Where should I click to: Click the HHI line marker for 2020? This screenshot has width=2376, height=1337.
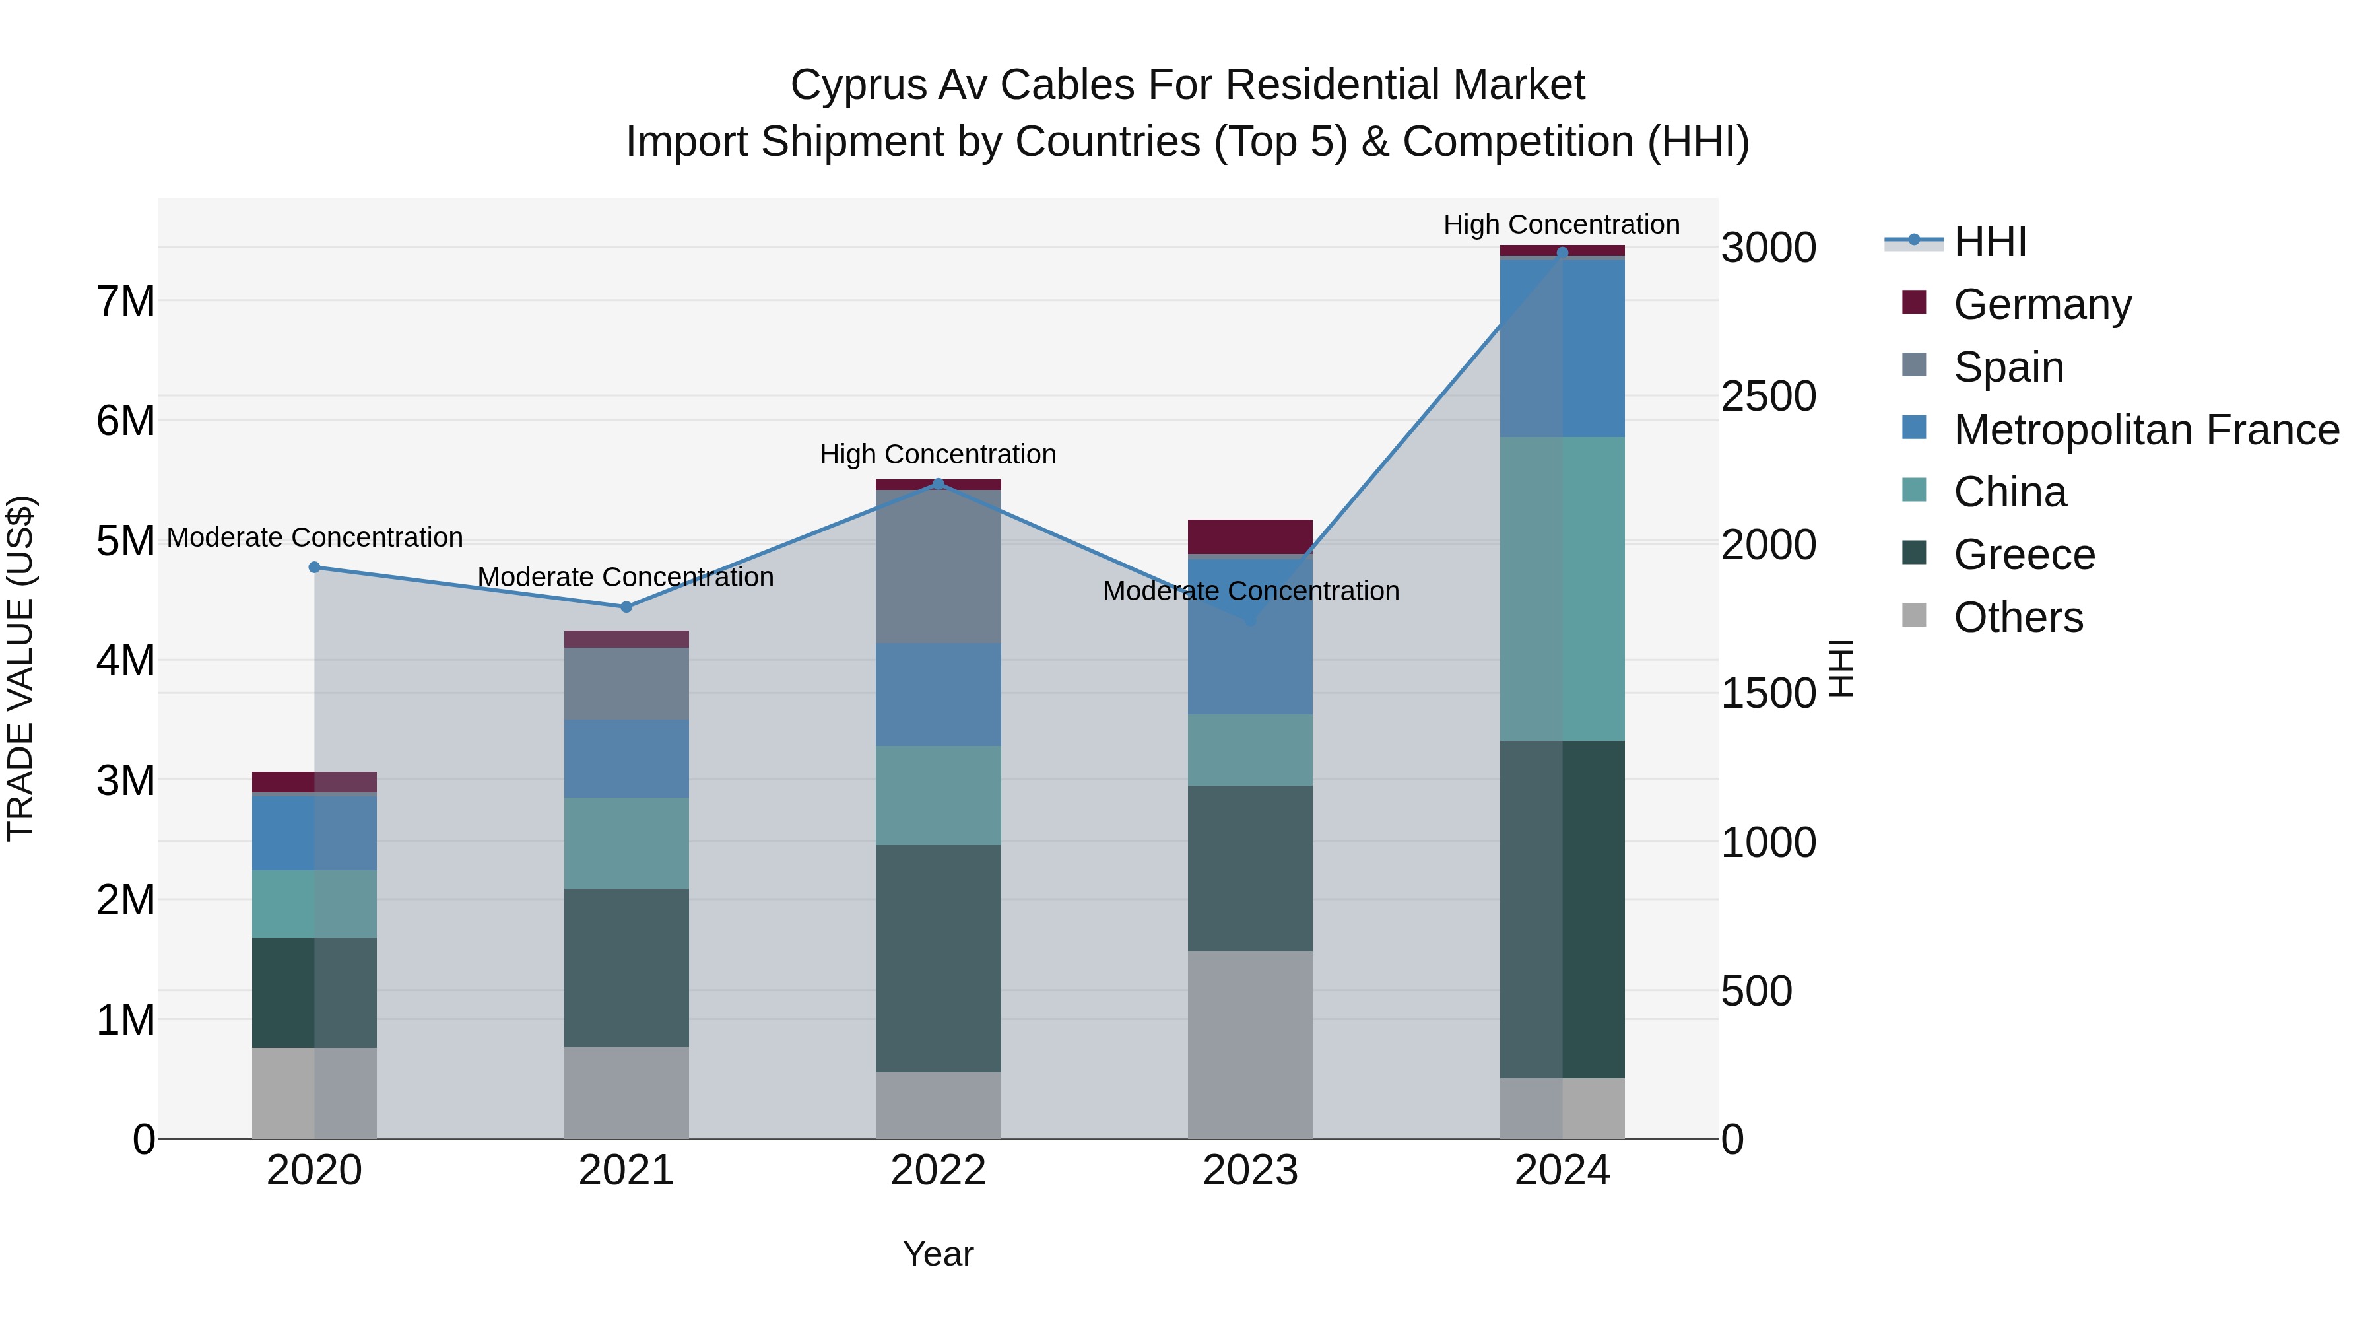(315, 567)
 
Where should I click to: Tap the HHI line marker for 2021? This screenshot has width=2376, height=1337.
(626, 607)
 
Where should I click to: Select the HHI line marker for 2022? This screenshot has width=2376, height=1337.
(938, 483)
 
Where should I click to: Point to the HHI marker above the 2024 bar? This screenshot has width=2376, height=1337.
(1562, 252)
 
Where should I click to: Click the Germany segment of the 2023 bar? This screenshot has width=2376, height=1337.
(1250, 536)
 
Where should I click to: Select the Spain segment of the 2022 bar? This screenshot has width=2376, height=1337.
(938, 566)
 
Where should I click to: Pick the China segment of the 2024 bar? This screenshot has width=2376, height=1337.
(1562, 589)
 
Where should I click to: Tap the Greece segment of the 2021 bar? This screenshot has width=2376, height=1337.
(626, 967)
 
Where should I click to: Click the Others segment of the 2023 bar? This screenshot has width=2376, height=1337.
(1250, 1045)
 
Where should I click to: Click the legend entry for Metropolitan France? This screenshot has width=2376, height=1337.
(2146, 430)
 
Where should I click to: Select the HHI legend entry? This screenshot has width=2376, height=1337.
(1989, 242)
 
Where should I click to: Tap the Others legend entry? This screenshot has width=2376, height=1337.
(2017, 617)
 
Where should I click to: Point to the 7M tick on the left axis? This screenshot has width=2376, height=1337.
(126, 302)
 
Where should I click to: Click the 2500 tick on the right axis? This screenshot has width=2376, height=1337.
(1768, 397)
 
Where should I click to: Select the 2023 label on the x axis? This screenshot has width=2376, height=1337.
(1250, 1171)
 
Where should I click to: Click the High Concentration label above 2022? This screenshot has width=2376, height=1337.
(938, 454)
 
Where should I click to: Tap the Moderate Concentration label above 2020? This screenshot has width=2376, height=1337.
(315, 537)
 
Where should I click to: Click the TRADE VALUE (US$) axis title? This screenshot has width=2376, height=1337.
(20, 668)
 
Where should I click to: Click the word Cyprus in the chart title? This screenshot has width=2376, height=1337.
(858, 85)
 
